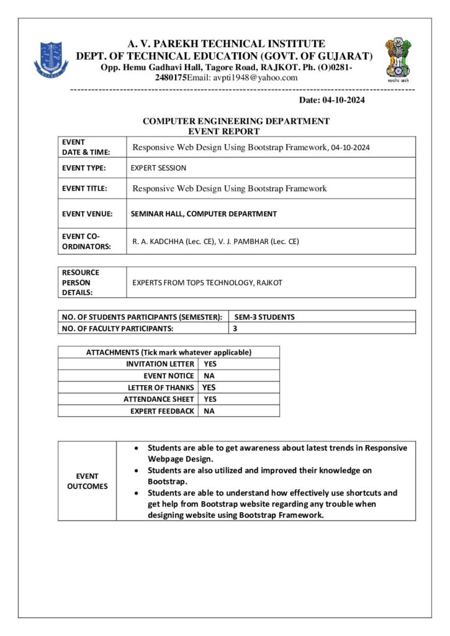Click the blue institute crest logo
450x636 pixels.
tap(52, 59)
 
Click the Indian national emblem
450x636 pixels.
tap(398, 58)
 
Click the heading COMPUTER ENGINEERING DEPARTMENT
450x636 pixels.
tap(236, 121)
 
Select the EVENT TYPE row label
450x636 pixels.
tap(84, 168)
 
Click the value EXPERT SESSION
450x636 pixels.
tap(158, 168)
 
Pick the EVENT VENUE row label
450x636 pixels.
tap(87, 214)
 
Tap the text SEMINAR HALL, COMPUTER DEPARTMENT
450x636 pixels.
tap(204, 214)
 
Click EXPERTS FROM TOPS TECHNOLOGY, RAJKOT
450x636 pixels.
tap(207, 283)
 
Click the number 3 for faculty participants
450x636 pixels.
tap(235, 329)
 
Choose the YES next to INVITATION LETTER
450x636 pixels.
tap(210, 364)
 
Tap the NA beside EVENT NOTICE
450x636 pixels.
tap(209, 376)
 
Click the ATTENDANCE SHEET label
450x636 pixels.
tap(158, 399)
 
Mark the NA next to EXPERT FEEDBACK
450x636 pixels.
tap(209, 411)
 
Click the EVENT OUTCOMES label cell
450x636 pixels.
tap(87, 481)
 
